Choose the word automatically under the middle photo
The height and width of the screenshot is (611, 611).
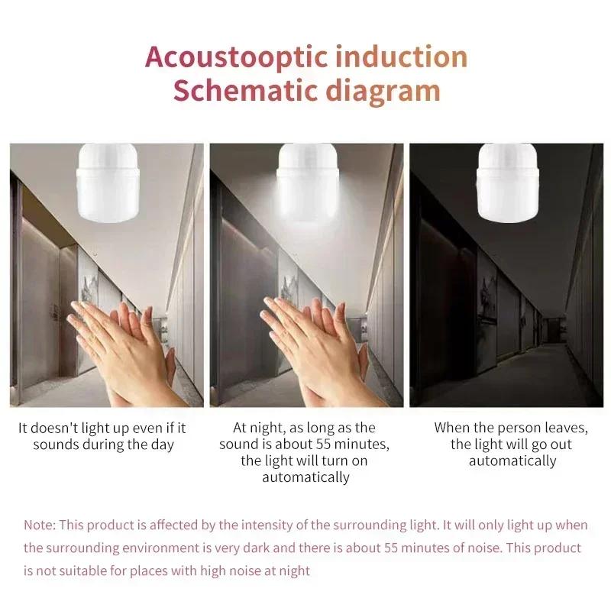coord(305,477)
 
